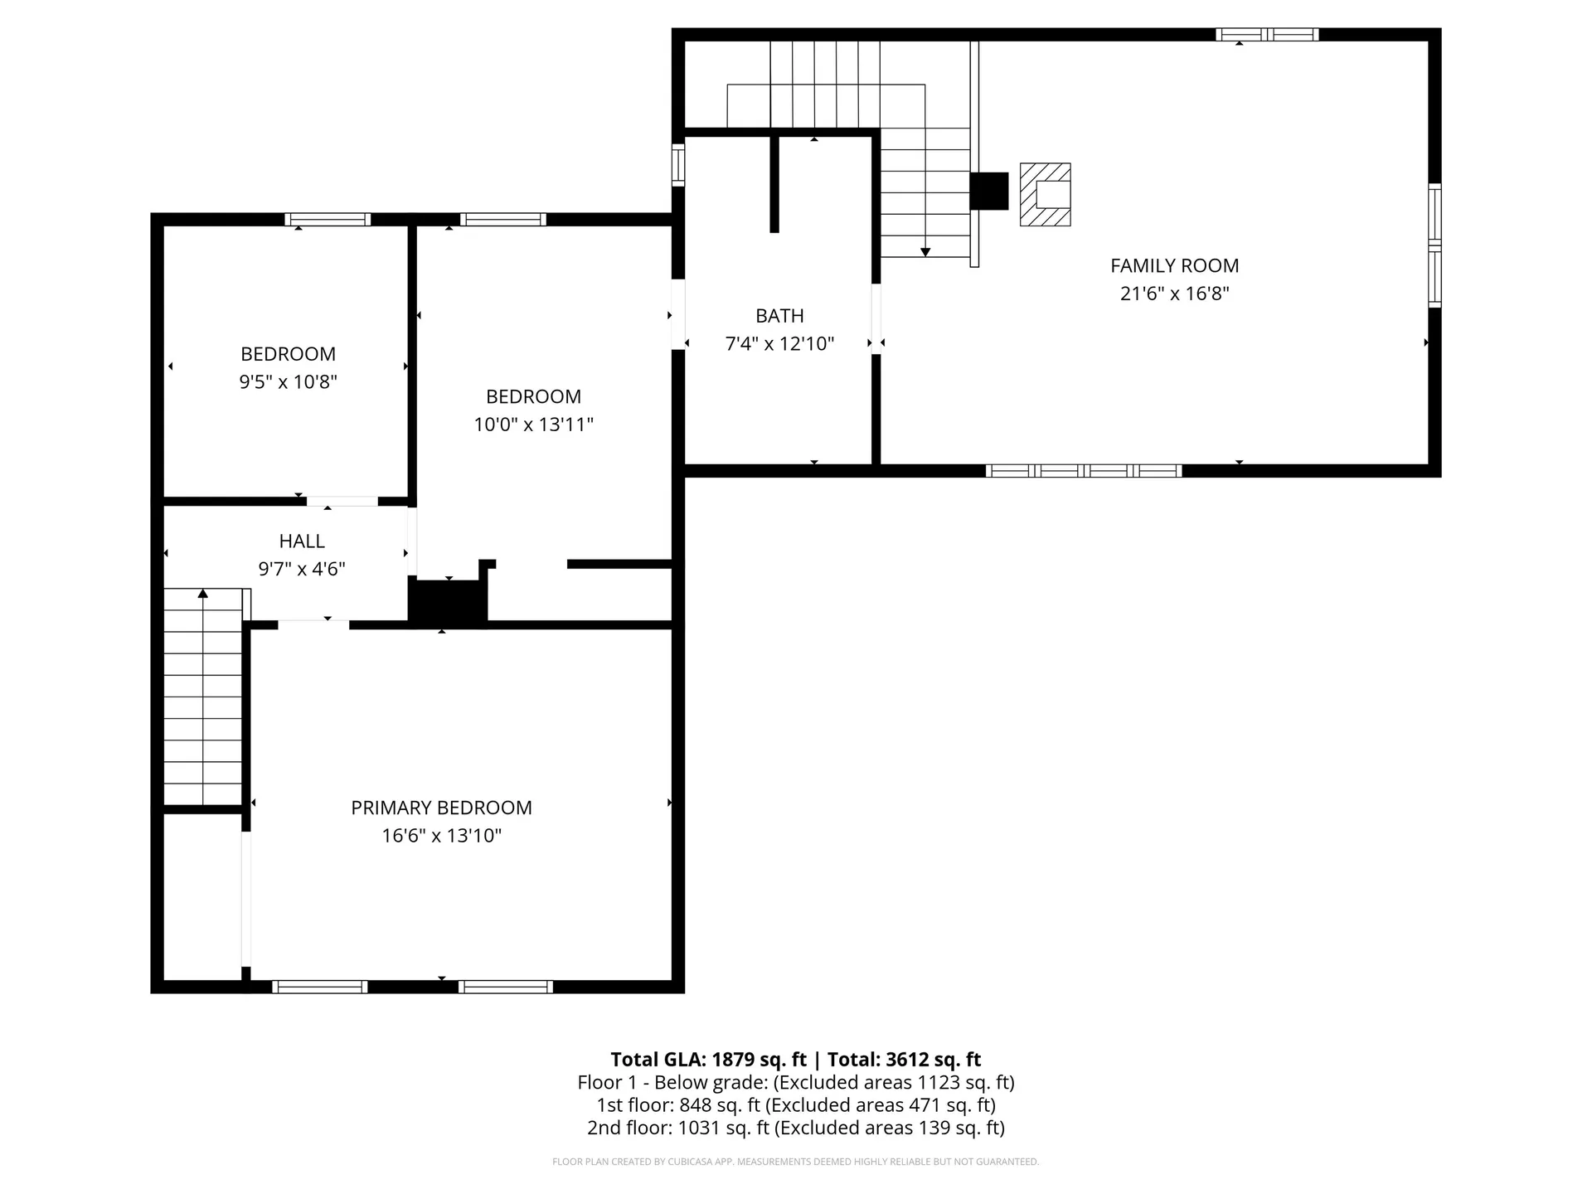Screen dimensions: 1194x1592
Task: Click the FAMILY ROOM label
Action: tap(1174, 266)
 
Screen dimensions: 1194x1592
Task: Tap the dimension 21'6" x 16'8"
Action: tap(1174, 294)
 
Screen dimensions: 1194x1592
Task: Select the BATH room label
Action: tap(779, 316)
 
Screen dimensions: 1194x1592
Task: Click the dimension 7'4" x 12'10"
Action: tap(779, 343)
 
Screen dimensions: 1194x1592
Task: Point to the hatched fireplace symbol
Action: tap(1045, 194)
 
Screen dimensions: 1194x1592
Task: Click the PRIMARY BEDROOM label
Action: tap(441, 808)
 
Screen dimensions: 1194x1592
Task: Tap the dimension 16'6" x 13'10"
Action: tap(441, 836)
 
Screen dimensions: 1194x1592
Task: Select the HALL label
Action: tap(302, 541)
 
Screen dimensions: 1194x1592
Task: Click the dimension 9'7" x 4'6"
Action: tap(302, 569)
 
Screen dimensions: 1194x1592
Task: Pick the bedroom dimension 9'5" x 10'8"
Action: tap(288, 382)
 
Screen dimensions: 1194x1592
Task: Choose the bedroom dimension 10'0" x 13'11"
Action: tap(533, 425)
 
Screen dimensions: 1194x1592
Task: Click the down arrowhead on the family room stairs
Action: tap(925, 252)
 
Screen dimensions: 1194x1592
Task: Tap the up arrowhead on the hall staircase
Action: tap(203, 593)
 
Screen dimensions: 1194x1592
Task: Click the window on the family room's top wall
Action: tap(1266, 35)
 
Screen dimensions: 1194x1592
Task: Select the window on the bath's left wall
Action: tap(678, 164)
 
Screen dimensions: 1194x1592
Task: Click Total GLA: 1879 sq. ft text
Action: tap(708, 1060)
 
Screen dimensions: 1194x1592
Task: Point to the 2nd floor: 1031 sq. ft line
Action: tap(795, 1128)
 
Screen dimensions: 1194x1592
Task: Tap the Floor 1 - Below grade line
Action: tap(795, 1082)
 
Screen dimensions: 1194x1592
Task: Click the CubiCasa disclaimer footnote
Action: tap(795, 1162)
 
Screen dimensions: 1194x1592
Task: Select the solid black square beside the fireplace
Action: tap(988, 191)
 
